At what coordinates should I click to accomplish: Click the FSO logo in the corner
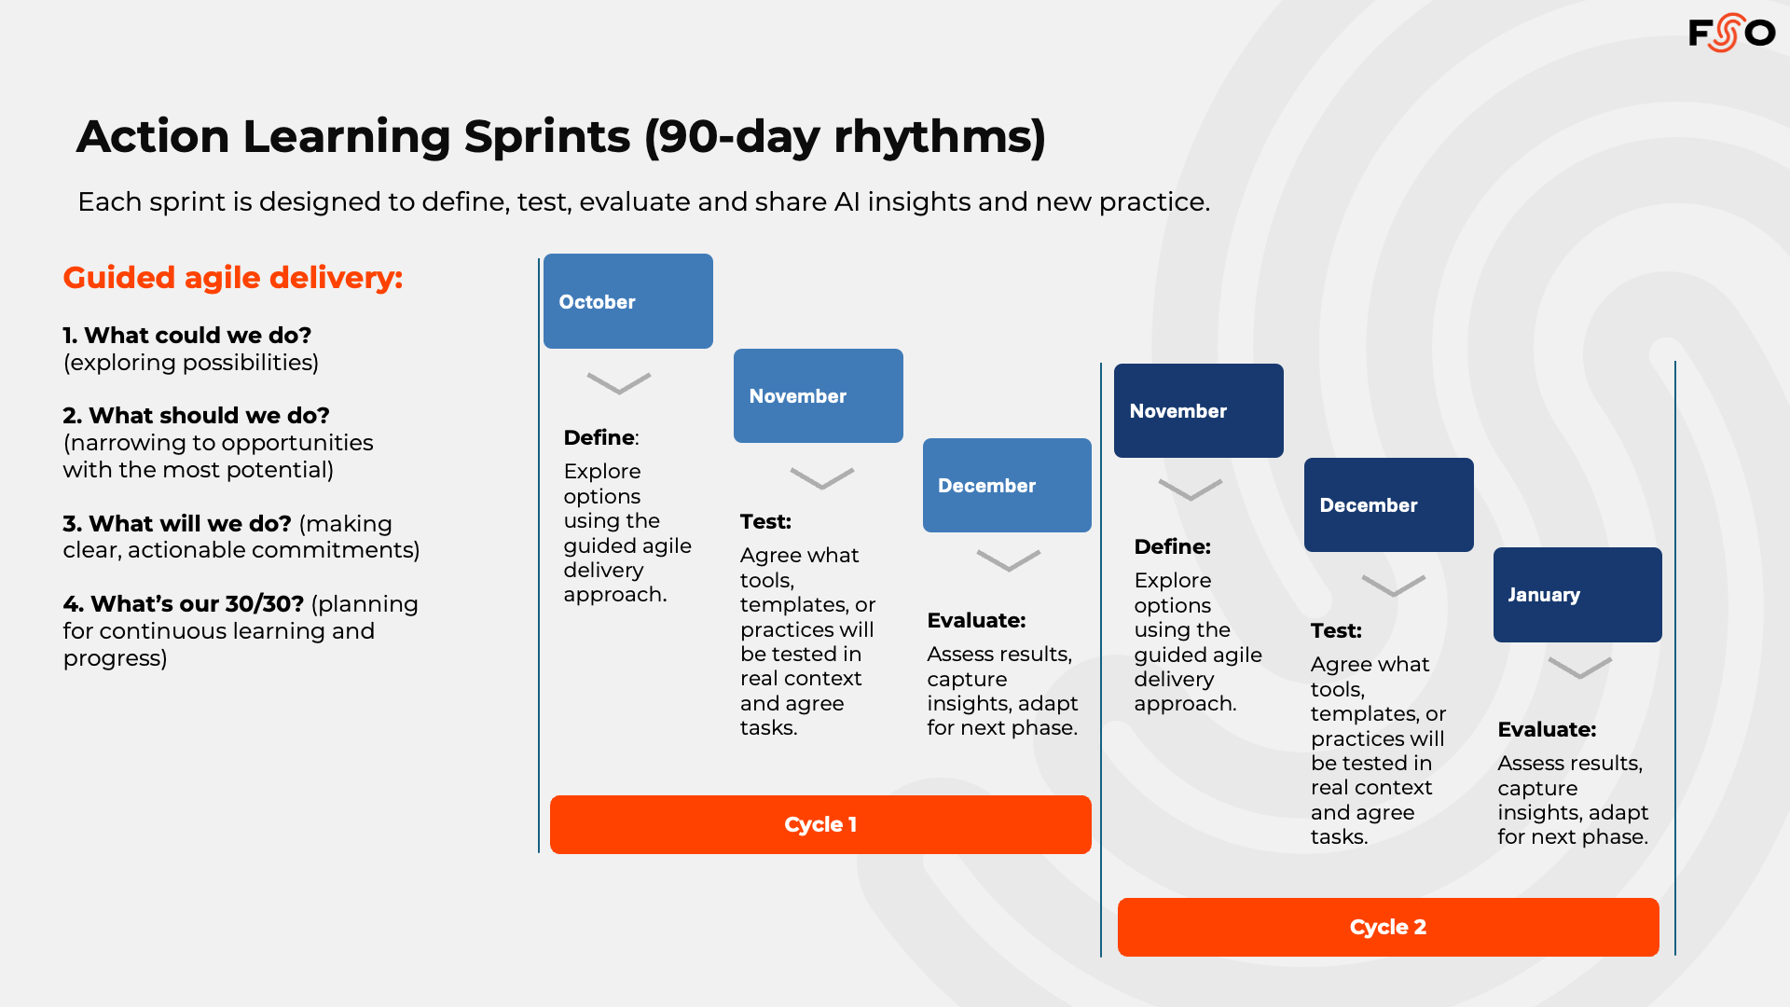pos(1731,34)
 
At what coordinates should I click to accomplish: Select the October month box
pos(628,301)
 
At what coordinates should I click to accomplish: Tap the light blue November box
pos(819,395)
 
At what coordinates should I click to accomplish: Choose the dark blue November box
pos(1199,410)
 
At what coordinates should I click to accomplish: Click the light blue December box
pos(1007,485)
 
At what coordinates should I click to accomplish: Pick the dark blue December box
pos(1389,504)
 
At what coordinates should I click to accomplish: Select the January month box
pos(1577,595)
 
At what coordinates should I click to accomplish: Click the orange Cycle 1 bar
pos(820,824)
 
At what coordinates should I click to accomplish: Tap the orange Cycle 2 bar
pos(1388,927)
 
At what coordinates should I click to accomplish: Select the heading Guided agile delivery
pos(233,278)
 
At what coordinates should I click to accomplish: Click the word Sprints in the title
pos(547,136)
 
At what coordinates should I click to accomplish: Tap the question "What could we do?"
pos(198,335)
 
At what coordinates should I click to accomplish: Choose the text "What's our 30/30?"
pos(198,603)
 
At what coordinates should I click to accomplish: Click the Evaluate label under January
pos(1547,729)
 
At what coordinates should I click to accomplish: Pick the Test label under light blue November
pos(765,521)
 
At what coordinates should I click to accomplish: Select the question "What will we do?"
pos(190,523)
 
